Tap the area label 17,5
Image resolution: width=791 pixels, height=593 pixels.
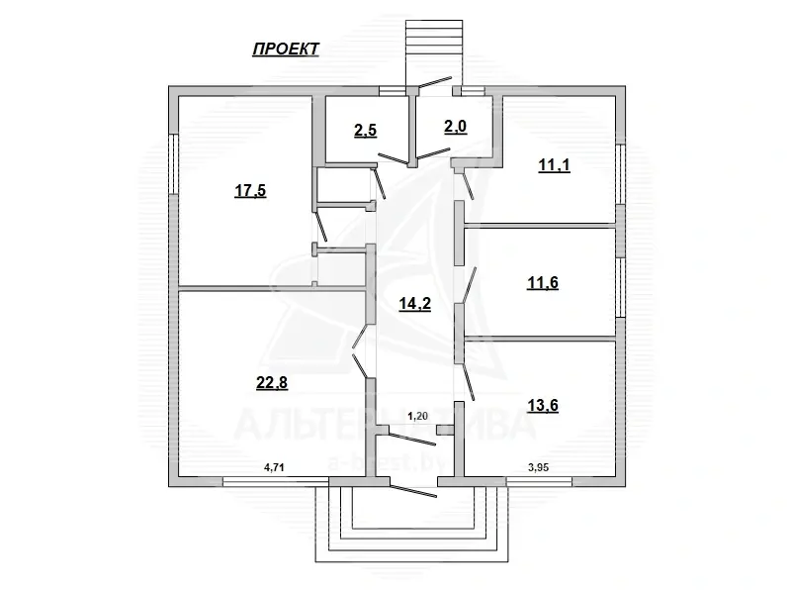[x=249, y=192]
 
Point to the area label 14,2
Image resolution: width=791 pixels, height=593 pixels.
[x=413, y=304]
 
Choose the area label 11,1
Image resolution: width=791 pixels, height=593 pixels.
[x=554, y=165]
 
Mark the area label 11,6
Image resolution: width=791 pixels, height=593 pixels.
[x=541, y=283]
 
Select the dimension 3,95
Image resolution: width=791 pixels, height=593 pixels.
[x=537, y=464]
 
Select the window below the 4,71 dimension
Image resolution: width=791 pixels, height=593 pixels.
[x=273, y=481]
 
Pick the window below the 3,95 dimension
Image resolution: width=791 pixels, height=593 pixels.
[x=538, y=481]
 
